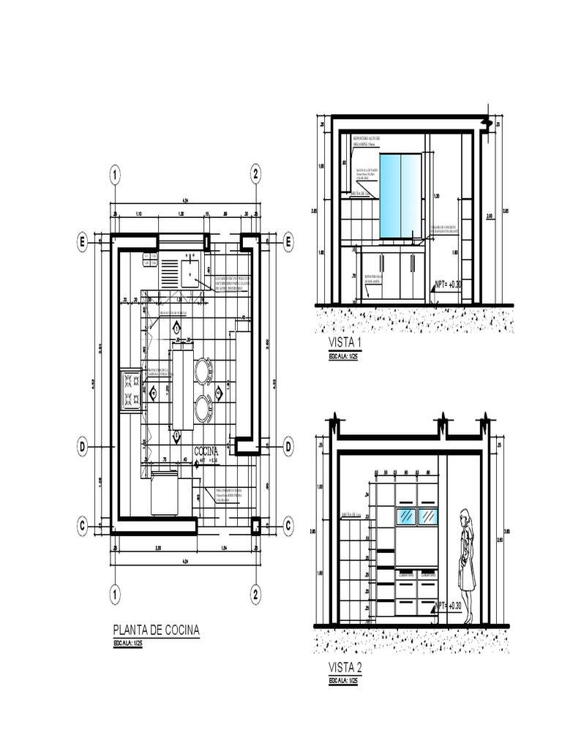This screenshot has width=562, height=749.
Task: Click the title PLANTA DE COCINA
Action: pyautogui.click(x=156, y=630)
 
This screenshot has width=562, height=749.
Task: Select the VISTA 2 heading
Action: pyautogui.click(x=345, y=668)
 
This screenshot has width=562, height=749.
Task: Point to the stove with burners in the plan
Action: pyautogui.click(x=132, y=389)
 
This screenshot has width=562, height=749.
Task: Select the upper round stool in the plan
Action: pyautogui.click(x=203, y=371)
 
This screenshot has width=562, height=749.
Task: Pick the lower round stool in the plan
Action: pyautogui.click(x=203, y=407)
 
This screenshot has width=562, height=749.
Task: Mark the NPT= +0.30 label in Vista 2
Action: pyautogui.click(x=449, y=606)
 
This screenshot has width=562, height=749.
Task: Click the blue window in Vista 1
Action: pyautogui.click(x=400, y=195)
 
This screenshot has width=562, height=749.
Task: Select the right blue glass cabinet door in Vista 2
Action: pyautogui.click(x=427, y=516)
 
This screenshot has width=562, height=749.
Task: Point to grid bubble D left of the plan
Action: pyautogui.click(x=83, y=445)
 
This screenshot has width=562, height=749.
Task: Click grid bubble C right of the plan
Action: pyautogui.click(x=288, y=525)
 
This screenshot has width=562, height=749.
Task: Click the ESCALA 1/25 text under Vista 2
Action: pyautogui.click(x=343, y=680)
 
